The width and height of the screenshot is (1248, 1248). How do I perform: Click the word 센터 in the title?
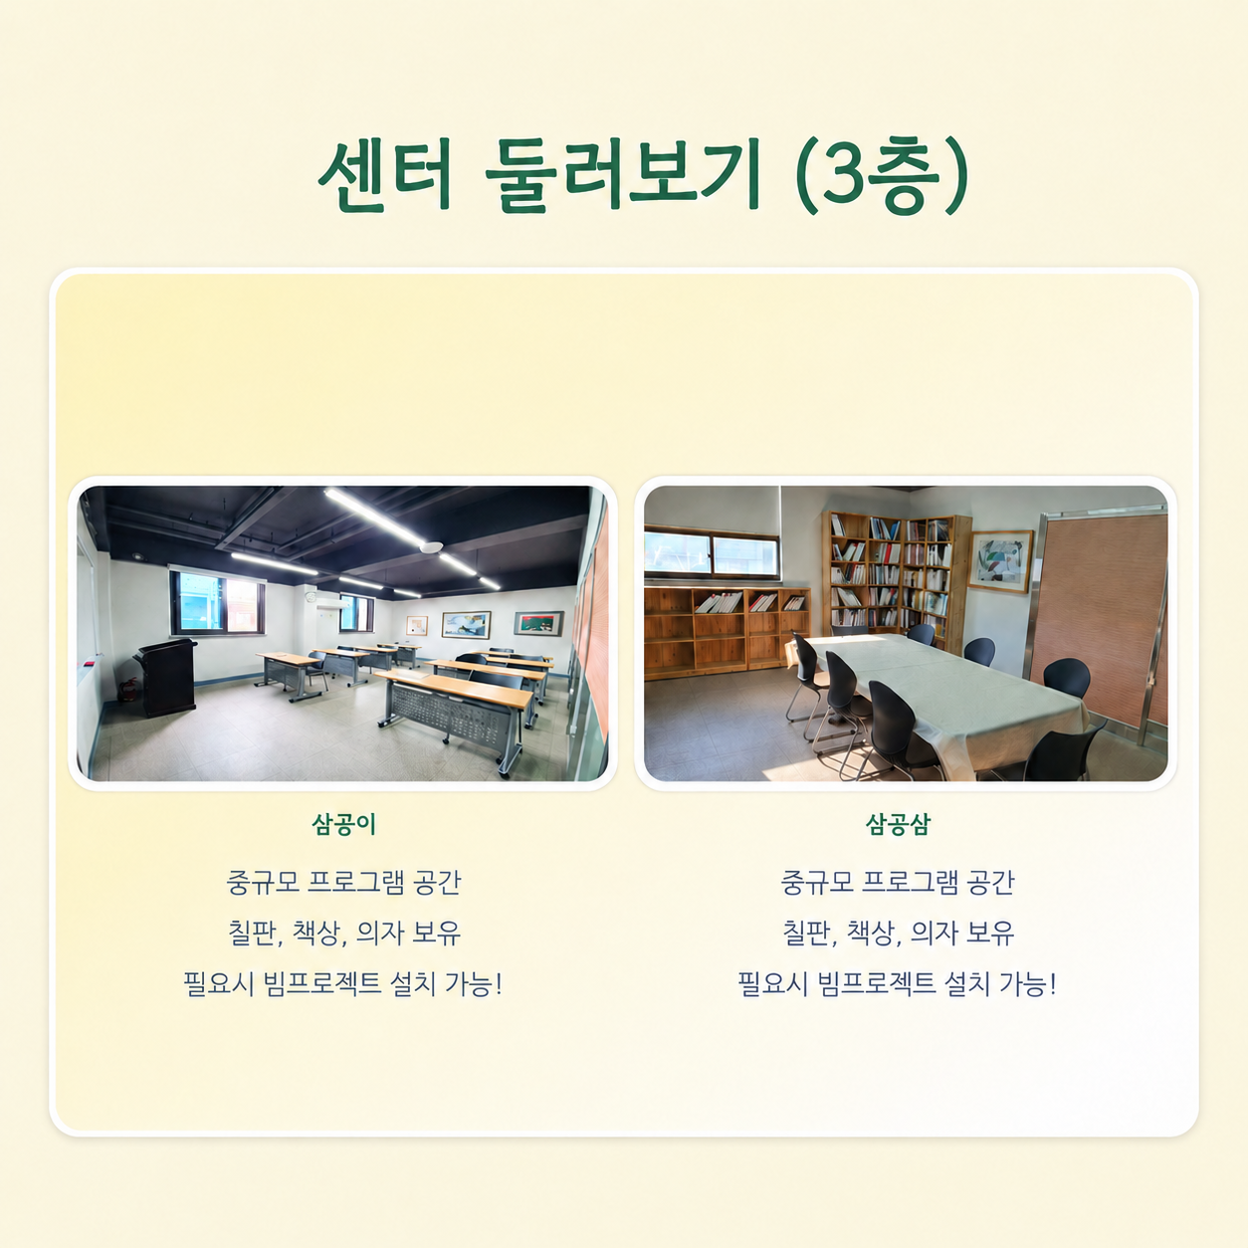click(x=384, y=175)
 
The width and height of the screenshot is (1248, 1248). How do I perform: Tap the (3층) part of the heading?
click(x=881, y=175)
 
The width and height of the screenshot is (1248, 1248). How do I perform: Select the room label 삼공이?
click(x=344, y=824)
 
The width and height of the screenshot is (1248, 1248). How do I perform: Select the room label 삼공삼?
click(x=898, y=824)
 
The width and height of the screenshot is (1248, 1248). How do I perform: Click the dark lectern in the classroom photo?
click(x=167, y=677)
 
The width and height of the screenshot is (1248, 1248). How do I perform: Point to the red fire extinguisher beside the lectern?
click(x=127, y=690)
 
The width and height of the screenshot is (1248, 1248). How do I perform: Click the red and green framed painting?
click(x=538, y=623)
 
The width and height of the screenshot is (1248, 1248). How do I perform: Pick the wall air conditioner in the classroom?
click(x=332, y=604)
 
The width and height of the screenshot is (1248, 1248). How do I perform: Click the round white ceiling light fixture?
click(x=431, y=547)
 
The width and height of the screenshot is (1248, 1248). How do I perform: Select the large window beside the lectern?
click(x=218, y=602)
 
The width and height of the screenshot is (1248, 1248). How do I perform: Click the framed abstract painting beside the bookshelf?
click(x=1000, y=561)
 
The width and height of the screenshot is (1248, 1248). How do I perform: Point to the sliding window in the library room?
click(x=712, y=554)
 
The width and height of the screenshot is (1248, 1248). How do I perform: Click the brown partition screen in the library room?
click(x=1099, y=621)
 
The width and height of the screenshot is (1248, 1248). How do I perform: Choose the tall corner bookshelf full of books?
click(x=897, y=576)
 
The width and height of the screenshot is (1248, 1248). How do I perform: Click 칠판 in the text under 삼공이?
click(x=253, y=934)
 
